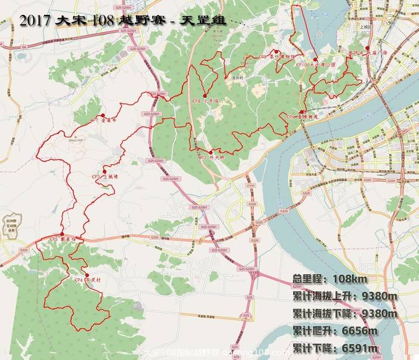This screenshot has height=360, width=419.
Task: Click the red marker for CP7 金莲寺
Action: [103, 115]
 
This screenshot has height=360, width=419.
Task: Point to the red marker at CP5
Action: [61, 235]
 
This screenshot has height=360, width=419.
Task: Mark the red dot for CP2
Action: [211, 152]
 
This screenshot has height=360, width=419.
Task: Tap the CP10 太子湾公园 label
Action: [319, 64]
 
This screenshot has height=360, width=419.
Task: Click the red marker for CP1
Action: [302, 112]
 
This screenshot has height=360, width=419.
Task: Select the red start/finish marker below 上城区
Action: [368, 48]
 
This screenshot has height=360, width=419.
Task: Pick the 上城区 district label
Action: [366, 27]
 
